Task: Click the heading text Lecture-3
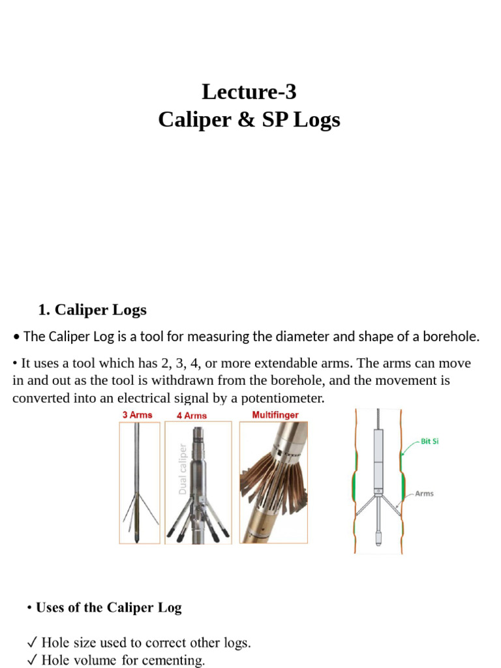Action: click(249, 92)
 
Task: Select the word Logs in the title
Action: click(315, 121)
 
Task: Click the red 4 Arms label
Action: click(191, 416)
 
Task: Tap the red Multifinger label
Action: click(275, 415)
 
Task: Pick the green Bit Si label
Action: click(429, 442)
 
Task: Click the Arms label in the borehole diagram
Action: click(424, 494)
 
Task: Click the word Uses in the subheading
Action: click(50, 608)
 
